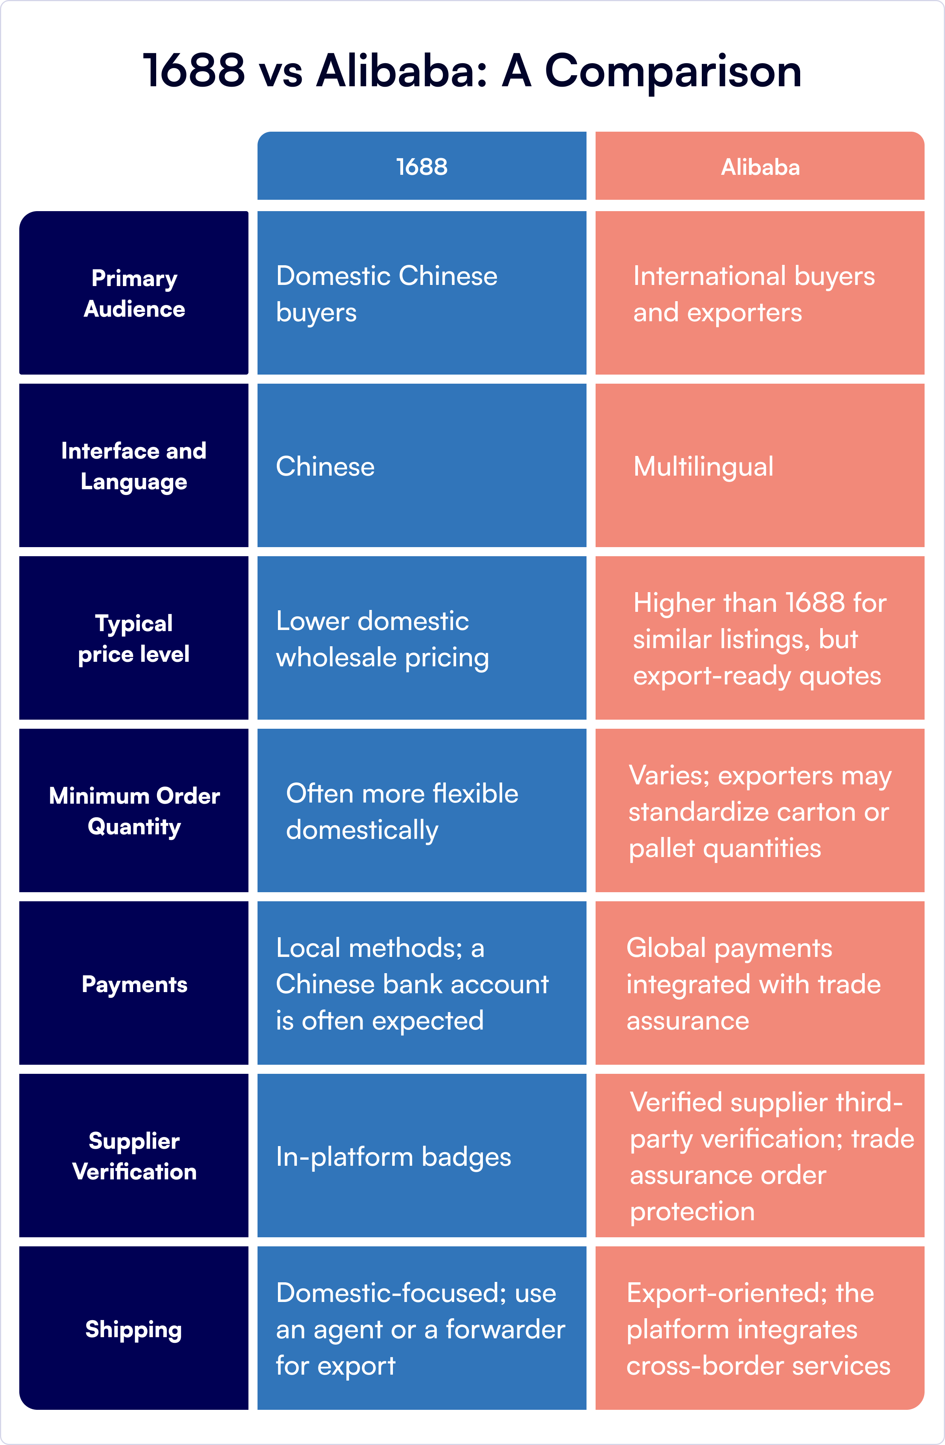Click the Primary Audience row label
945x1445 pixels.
(x=134, y=293)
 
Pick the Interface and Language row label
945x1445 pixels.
(x=134, y=466)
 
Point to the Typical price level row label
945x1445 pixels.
(x=134, y=638)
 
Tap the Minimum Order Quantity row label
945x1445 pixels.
(x=134, y=810)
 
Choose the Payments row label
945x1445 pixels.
(x=134, y=983)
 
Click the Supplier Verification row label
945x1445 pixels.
(x=134, y=1156)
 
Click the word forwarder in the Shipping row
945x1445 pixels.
(x=506, y=1330)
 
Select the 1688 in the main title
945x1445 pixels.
(x=194, y=72)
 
